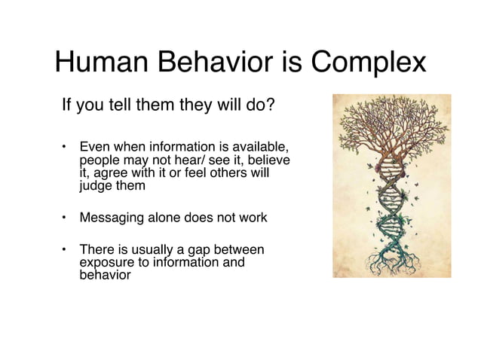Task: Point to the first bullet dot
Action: pos(66,145)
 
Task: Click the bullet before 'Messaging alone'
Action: pos(66,218)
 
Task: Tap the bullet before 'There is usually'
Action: pos(66,249)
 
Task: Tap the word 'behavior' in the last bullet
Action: pos(105,275)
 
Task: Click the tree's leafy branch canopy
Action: pos(391,128)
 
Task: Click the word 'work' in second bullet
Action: pos(252,218)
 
